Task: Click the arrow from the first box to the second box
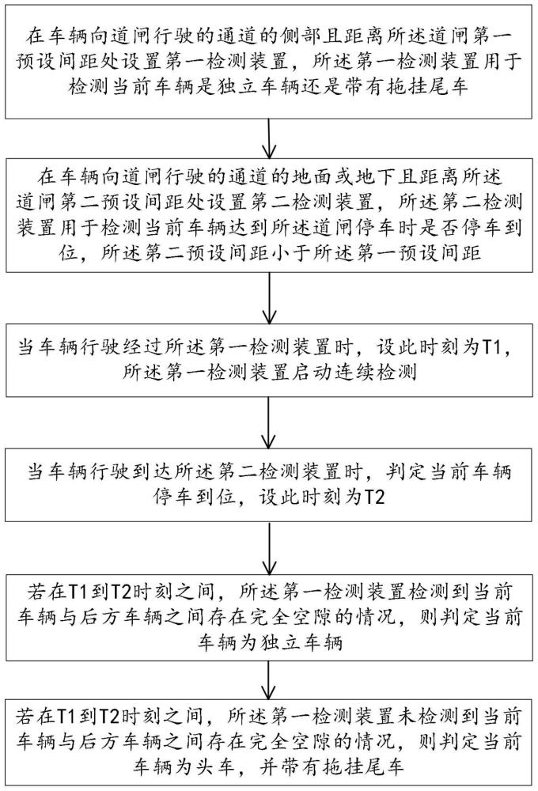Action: coord(270,138)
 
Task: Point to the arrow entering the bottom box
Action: coord(270,679)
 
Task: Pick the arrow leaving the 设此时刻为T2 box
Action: coord(270,548)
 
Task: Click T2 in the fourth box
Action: coord(373,498)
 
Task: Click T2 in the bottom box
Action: coord(108,716)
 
